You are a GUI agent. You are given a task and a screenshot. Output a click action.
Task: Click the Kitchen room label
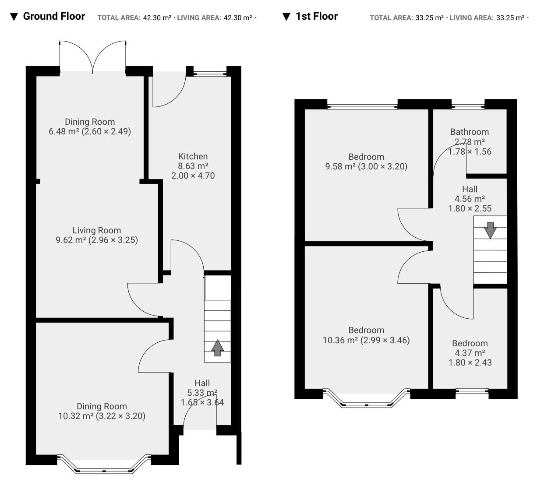193,156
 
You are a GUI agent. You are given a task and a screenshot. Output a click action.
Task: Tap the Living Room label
97,230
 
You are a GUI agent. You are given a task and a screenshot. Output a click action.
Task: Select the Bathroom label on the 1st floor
470,132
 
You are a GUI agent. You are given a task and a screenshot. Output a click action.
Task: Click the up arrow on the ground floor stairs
218,348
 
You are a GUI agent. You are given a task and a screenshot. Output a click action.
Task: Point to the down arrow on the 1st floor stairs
490,230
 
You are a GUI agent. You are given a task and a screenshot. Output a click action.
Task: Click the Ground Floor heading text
54,16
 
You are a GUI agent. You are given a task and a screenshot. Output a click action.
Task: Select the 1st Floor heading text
317,16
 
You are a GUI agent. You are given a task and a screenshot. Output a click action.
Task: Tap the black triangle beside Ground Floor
14,17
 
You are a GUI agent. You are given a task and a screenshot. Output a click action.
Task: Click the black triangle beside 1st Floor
286,17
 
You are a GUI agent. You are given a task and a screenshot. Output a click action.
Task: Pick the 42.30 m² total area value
157,18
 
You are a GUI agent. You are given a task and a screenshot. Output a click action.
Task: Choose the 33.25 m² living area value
510,18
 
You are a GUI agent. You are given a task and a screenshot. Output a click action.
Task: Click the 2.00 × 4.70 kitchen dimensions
193,176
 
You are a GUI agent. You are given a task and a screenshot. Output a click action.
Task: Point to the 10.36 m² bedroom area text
340,340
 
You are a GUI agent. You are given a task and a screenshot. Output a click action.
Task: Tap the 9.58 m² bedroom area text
340,166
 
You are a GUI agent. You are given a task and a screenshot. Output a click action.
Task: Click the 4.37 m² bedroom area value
470,353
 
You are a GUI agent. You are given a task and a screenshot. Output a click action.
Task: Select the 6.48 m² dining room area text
64,131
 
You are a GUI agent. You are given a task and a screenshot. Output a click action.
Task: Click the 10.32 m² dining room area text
76,416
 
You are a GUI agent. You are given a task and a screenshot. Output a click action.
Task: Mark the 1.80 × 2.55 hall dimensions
470,208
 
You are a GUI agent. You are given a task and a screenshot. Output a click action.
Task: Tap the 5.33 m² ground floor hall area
202,393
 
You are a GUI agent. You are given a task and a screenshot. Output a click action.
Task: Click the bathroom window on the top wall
468,106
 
